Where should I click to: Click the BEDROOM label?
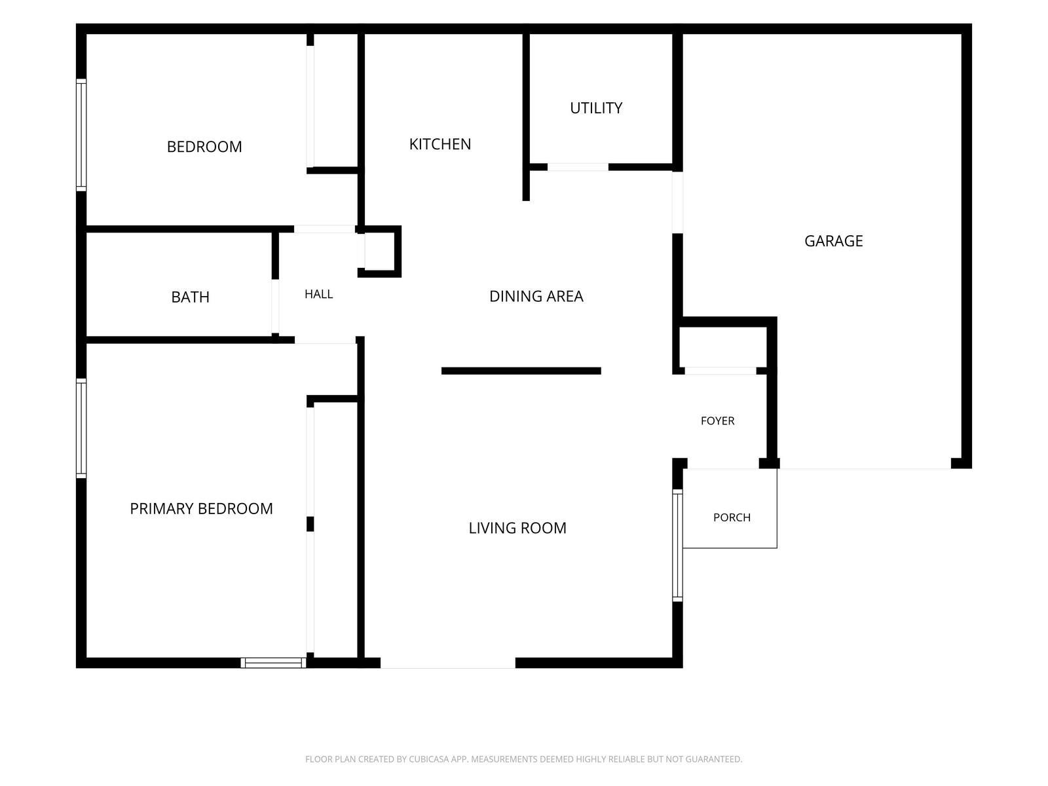point(204,147)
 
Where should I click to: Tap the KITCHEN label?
point(440,144)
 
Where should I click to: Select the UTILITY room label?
point(596,108)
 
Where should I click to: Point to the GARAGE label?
point(833,241)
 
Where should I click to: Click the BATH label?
point(190,297)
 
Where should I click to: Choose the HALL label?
point(318,295)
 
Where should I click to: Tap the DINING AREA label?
point(536,296)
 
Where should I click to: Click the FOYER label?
point(717,421)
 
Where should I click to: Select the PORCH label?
point(732,518)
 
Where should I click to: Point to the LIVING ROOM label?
point(517,529)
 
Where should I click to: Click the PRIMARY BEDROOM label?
point(201,509)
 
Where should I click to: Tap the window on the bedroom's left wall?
point(81,135)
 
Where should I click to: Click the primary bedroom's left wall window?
point(81,428)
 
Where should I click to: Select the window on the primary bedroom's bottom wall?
point(273,662)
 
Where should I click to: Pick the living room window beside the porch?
point(677,545)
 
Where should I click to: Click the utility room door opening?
point(578,167)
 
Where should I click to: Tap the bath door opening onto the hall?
point(275,306)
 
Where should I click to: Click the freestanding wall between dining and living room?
point(521,371)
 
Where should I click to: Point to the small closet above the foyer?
point(723,347)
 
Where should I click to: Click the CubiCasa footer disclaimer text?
point(523,759)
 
